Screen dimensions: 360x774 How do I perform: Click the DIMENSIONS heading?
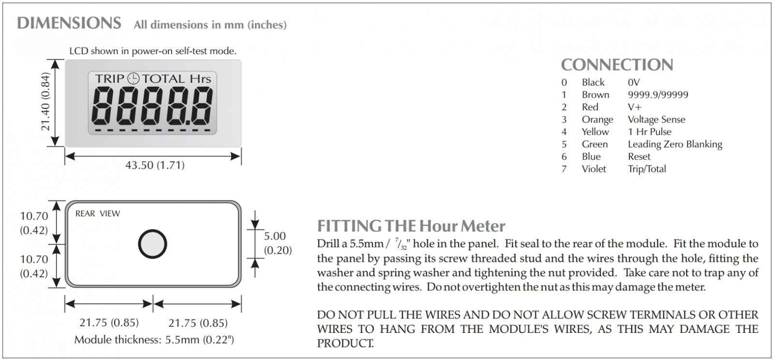[x=69, y=23]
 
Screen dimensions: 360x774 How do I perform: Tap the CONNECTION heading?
[x=617, y=65]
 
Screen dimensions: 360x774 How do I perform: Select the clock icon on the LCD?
[x=133, y=79]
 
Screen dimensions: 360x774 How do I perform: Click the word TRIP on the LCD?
[x=110, y=79]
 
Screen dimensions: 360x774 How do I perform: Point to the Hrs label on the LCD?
[x=200, y=79]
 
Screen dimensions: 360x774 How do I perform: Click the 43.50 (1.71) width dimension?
[x=155, y=165]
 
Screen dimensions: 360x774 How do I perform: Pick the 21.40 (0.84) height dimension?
[x=45, y=103]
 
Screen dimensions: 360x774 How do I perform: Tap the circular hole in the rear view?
[x=152, y=243]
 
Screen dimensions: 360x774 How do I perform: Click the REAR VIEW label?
[x=98, y=213]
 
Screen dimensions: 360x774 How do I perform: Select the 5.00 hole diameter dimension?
[x=275, y=236]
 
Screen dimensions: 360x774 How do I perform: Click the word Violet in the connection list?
[x=594, y=169]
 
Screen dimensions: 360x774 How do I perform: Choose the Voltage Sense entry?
[x=656, y=120]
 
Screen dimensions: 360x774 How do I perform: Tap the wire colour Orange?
[x=597, y=120]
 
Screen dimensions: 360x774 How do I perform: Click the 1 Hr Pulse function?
[x=649, y=132]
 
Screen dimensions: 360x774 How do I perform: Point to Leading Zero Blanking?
[x=675, y=144]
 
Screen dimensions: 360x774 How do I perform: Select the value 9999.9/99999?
[x=657, y=95]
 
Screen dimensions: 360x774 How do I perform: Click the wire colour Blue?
[x=591, y=156]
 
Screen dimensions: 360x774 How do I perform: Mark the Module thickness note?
[x=154, y=340]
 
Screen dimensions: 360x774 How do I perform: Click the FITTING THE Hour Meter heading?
[x=411, y=226]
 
